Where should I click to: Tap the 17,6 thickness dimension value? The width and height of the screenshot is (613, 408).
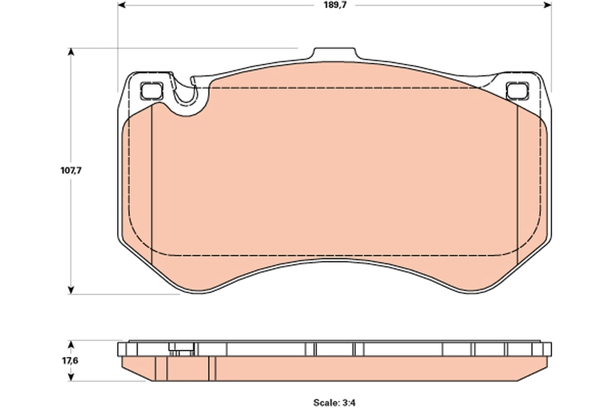point(71,361)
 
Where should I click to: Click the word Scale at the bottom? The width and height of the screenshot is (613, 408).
point(324,402)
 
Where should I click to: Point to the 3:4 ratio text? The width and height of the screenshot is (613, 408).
point(349,402)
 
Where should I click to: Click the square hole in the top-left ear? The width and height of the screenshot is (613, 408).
point(152,91)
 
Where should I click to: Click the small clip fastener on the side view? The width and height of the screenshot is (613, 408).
point(180,349)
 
